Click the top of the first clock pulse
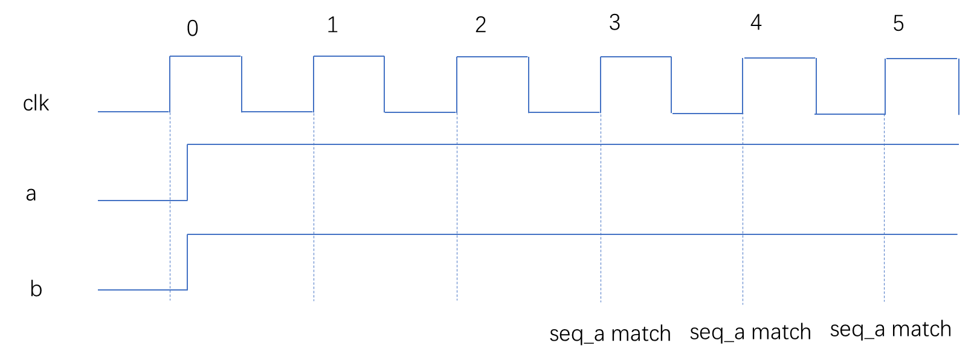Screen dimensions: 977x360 coord(205,56)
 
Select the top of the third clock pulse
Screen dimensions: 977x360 coord(492,57)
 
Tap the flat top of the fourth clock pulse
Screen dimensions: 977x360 coord(636,57)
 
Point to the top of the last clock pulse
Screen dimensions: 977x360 coord(921,59)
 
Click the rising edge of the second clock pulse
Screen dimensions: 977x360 coord(314,84)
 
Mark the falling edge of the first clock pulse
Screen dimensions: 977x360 coord(242,84)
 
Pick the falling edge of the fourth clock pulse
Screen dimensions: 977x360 coord(671,85)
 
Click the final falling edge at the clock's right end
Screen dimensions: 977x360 coord(958,86)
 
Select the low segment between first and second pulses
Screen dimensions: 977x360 coord(277,112)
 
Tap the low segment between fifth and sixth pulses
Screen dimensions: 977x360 coord(850,114)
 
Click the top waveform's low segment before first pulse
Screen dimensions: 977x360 coord(134,112)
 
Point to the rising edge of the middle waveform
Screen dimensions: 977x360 coord(187,172)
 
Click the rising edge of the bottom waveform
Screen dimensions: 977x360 coord(187,262)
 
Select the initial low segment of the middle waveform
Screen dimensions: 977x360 coord(142,200)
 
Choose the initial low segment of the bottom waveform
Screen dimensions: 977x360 coord(142,290)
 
